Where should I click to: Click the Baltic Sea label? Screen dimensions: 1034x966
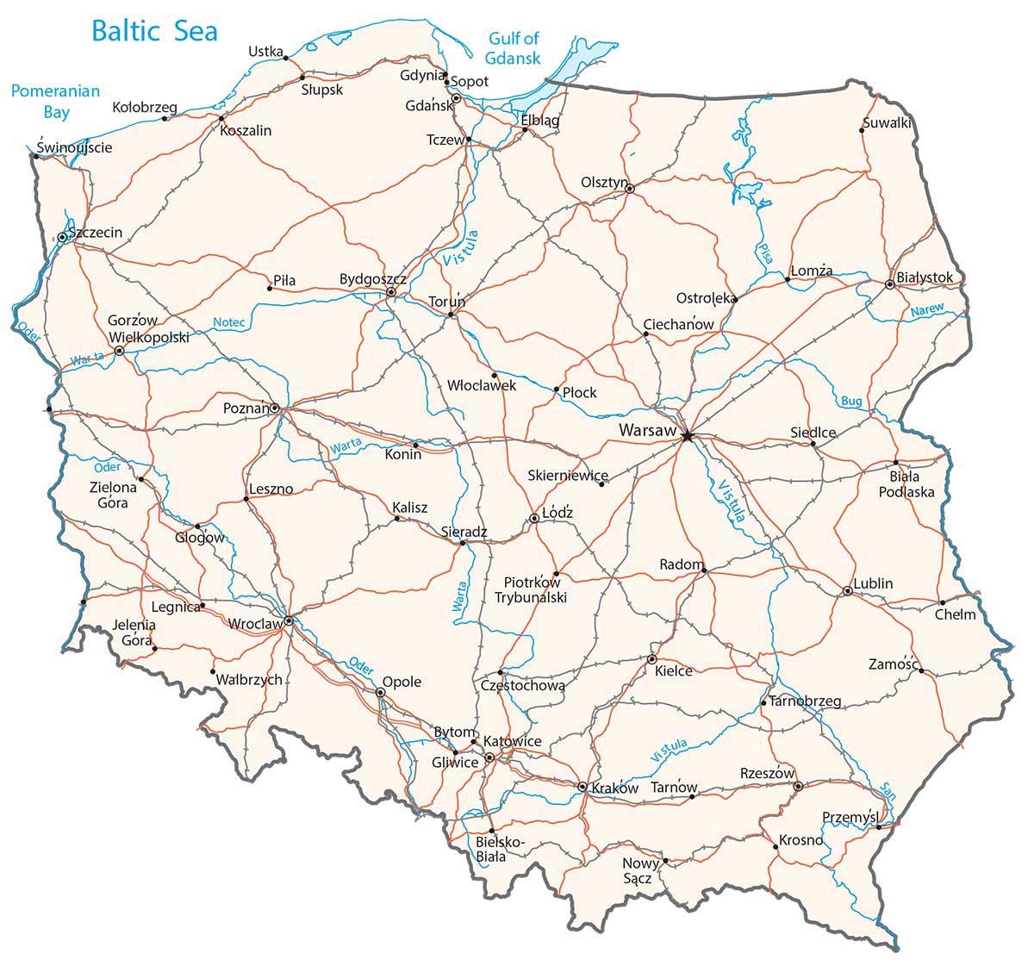154,32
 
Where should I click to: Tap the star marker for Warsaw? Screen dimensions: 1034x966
687,437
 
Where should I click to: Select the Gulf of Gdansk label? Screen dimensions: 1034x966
514,48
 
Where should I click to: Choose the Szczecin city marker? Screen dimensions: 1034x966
62,237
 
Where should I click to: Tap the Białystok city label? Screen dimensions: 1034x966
925,277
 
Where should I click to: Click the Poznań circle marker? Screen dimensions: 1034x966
275,408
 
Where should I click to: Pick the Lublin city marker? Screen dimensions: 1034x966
848,591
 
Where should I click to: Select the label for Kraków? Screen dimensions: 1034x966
615,788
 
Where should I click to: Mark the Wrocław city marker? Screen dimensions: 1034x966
289,620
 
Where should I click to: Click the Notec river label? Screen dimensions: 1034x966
229,322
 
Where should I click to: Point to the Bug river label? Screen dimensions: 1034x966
850,402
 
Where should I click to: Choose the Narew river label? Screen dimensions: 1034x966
928,309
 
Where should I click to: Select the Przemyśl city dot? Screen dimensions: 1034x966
878,828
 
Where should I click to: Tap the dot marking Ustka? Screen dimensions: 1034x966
285,59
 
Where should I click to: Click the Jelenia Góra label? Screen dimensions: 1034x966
134,633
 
